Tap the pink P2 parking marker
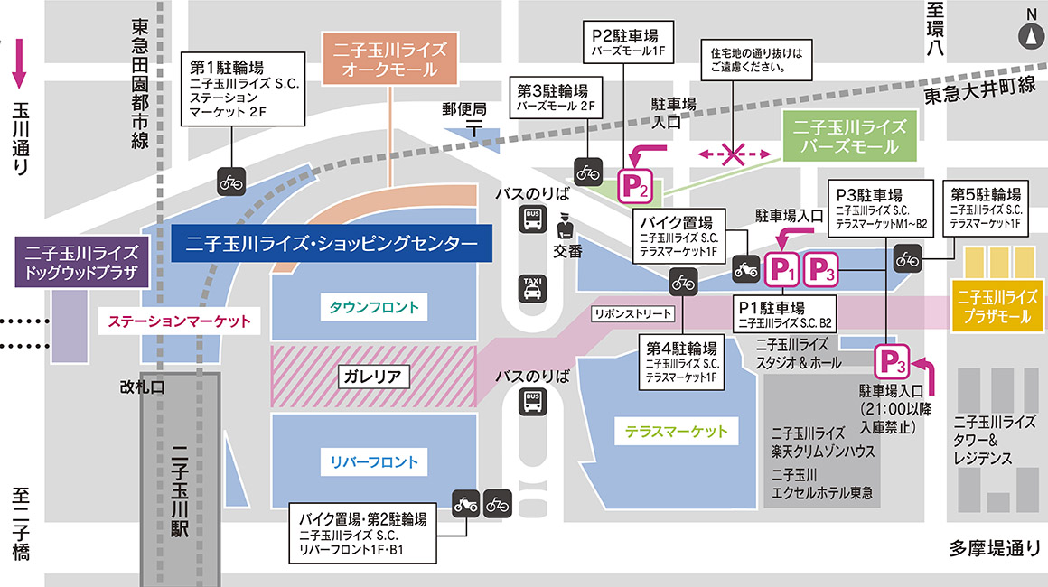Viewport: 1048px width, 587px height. pos(634,187)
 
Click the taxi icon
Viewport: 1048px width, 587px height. pos(532,288)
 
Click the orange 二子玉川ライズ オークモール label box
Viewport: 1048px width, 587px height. pos(390,58)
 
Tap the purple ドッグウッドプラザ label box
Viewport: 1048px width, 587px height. pos(80,262)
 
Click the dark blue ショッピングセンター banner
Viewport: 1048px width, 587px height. pos(331,243)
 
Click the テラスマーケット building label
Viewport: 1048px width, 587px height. pos(676,431)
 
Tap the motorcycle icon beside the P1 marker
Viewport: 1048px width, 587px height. pos(746,267)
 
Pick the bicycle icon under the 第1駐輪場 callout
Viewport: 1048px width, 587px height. pos(231,182)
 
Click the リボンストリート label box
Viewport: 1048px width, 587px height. pos(633,314)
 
